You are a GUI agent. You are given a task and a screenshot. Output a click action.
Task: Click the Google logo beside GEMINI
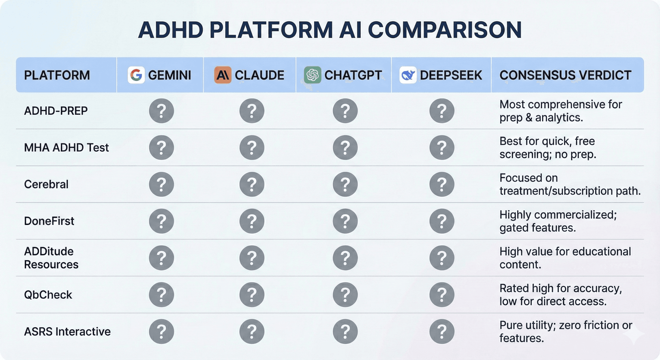136,75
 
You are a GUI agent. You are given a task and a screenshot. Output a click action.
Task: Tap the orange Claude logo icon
223,75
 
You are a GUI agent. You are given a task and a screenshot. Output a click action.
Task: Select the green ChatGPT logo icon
312,75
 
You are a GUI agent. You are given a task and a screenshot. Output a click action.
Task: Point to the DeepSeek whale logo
408,75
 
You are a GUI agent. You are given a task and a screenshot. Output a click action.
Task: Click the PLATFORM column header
57,75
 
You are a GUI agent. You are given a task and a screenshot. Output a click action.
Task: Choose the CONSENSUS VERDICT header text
565,75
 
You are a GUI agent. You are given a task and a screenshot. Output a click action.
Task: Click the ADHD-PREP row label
56,111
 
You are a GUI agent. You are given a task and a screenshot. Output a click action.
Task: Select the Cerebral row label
46,184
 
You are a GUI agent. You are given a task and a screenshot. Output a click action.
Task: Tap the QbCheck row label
48,295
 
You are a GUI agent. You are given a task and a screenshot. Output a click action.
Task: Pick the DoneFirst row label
49,221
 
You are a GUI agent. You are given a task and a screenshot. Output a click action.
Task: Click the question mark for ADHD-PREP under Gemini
161,111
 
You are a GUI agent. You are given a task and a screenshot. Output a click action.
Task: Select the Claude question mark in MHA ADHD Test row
252,148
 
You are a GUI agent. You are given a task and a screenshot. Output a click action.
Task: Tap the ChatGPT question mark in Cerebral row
345,184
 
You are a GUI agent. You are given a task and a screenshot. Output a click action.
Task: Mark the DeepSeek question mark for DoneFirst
442,221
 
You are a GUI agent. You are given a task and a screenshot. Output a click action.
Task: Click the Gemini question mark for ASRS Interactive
161,331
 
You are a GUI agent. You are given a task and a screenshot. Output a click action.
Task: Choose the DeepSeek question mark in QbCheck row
442,295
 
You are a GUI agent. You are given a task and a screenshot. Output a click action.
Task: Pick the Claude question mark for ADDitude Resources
252,258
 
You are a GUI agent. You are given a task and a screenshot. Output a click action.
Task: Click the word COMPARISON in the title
445,30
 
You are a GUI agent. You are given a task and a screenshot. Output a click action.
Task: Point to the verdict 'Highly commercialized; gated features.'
558,221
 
